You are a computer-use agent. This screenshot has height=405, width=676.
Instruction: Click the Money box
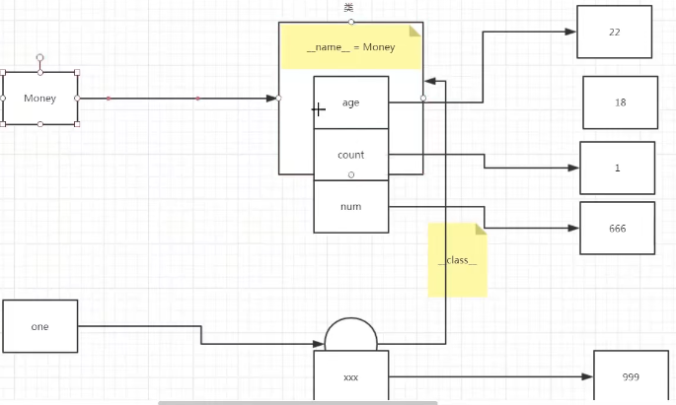tap(39, 99)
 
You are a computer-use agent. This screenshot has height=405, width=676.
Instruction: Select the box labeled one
tap(39, 326)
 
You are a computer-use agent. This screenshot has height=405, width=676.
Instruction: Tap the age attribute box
tap(351, 102)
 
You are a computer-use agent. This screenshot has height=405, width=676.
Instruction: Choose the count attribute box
tap(351, 155)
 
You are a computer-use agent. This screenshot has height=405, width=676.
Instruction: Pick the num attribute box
tap(351, 207)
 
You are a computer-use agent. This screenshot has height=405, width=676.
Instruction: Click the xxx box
tap(351, 377)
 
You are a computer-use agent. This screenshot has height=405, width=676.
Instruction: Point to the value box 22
tap(614, 32)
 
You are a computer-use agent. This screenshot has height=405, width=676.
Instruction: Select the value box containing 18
tap(620, 102)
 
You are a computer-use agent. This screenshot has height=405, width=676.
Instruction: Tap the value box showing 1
tap(617, 168)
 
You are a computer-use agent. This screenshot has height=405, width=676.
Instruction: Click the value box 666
tap(617, 229)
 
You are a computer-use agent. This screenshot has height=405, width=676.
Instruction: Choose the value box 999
tap(630, 377)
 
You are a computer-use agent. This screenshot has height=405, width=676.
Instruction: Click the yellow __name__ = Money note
tap(351, 46)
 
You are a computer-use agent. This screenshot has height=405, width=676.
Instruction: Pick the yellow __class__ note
tap(457, 260)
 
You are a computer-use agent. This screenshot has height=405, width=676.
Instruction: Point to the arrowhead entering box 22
tap(571, 32)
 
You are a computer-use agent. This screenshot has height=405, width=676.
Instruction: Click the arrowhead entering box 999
tap(588, 377)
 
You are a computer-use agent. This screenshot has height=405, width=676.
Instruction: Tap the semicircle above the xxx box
tap(351, 336)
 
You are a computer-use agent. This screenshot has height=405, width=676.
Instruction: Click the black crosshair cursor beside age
tap(319, 110)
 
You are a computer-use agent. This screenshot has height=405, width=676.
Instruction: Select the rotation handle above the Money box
tap(39, 57)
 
